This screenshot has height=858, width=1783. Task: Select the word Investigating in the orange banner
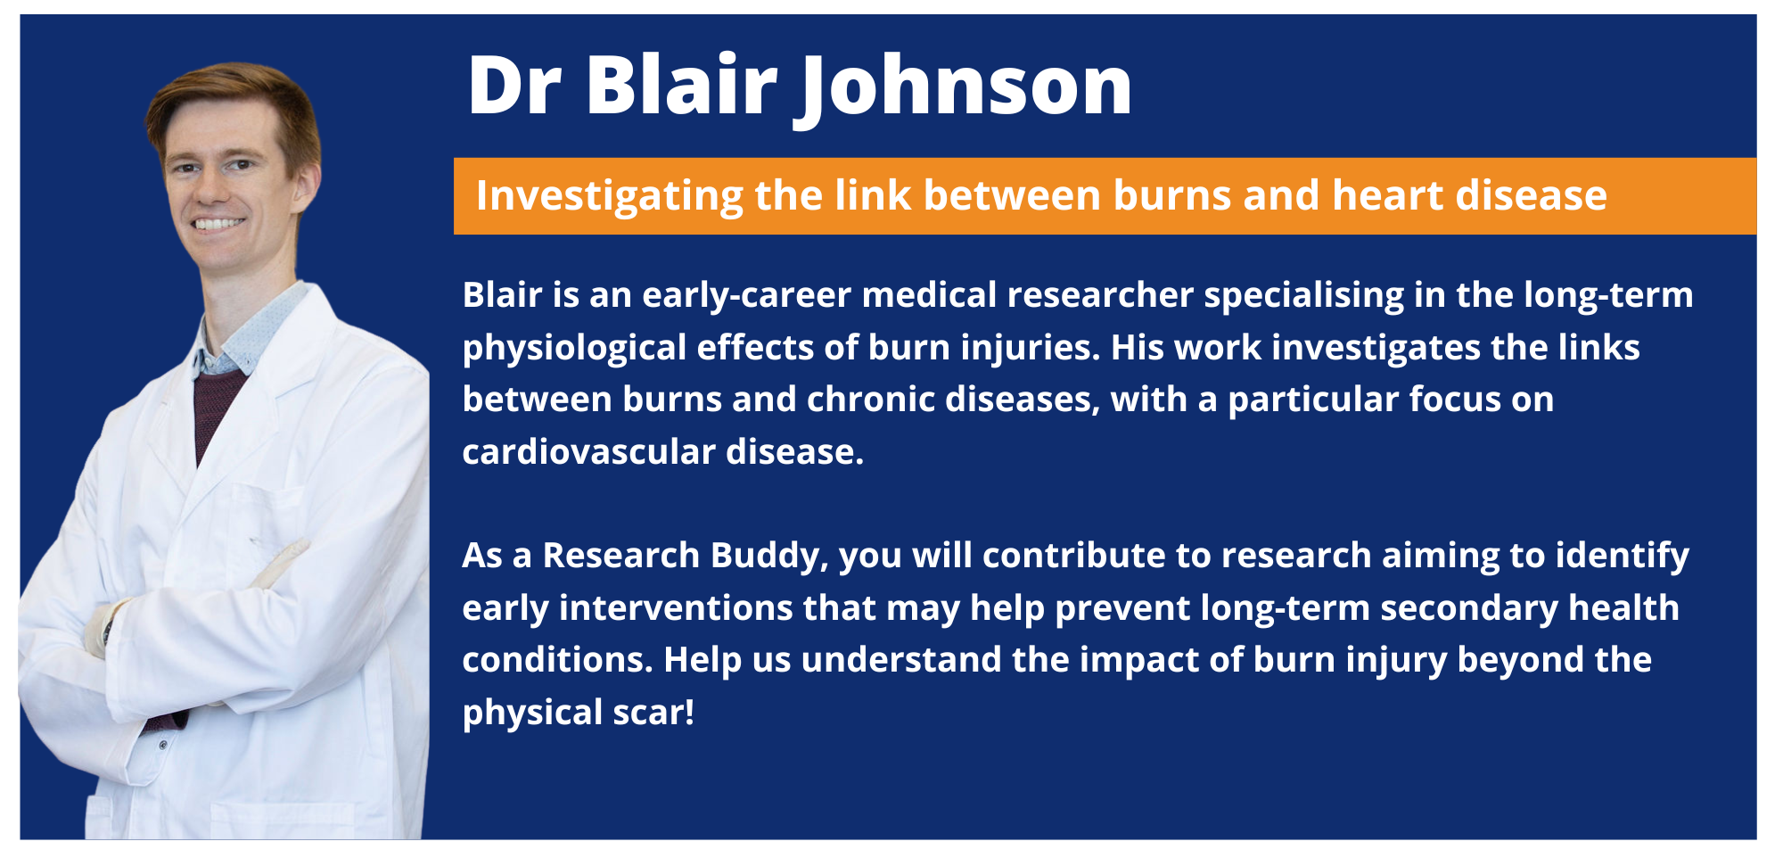coord(610,196)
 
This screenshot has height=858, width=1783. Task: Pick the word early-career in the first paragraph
coord(747,296)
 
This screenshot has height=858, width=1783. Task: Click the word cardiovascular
coord(588,452)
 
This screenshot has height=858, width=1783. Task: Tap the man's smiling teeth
coord(219,223)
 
